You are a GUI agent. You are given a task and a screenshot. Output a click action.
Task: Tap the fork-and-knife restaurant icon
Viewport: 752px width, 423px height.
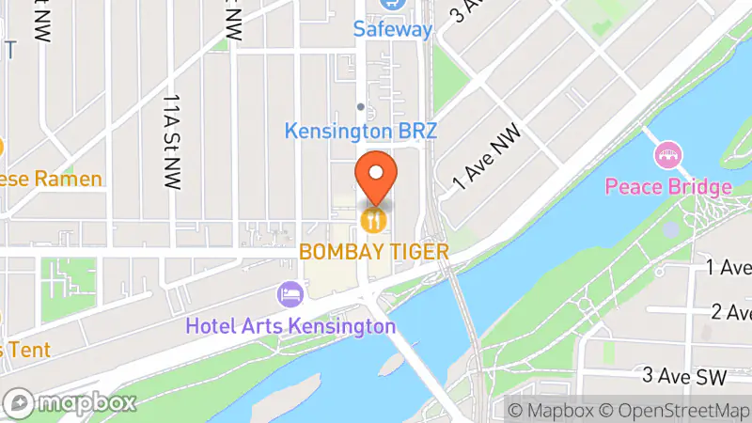374,221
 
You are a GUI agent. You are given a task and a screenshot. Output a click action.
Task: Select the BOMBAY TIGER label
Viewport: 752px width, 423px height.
374,251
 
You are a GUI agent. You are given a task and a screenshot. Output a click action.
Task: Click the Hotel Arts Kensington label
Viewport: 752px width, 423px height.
290,326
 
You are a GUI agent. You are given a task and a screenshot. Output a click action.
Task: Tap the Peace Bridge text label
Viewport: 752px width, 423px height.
667,186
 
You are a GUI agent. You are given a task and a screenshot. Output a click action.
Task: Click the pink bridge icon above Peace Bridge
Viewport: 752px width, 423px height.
668,154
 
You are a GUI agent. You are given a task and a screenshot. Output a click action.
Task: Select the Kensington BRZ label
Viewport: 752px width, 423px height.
361,132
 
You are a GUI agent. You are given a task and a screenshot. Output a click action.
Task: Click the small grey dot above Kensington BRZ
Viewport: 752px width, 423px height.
360,106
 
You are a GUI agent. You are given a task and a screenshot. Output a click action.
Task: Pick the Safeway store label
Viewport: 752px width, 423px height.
392,29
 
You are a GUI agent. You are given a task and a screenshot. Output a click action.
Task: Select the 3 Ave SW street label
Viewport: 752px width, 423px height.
684,377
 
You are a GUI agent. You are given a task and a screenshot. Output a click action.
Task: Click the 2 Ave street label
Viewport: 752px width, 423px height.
730,312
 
